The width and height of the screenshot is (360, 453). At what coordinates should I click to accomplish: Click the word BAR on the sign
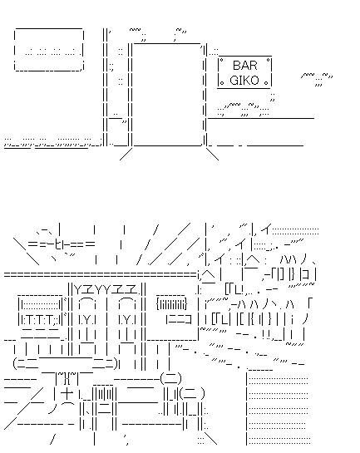244,65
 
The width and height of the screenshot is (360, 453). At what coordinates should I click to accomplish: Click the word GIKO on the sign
244,80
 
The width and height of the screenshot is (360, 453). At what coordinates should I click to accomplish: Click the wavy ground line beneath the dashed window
50,142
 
